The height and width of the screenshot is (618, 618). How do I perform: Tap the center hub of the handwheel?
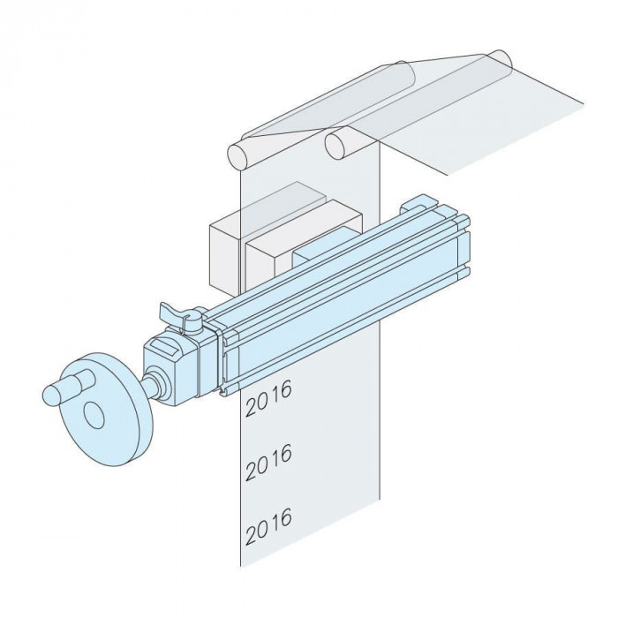click(94, 415)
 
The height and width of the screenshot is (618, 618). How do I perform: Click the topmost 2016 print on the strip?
click(268, 398)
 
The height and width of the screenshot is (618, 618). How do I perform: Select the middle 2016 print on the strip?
click(268, 462)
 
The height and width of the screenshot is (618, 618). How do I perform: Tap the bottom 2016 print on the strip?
click(268, 526)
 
